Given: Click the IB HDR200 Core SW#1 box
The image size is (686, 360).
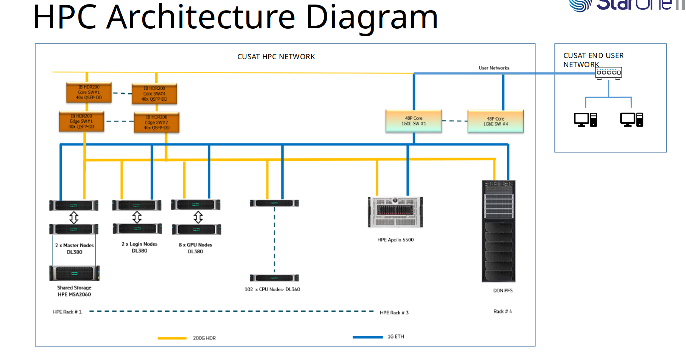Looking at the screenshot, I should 89,92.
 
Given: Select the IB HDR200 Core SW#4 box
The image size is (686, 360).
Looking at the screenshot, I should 154,94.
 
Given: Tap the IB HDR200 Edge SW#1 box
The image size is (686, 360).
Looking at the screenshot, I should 82,122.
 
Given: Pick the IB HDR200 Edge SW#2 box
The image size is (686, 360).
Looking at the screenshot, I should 157,122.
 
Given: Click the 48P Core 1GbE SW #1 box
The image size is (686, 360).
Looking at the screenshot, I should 414,121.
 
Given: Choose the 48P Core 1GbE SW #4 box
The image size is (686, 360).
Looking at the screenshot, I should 495,121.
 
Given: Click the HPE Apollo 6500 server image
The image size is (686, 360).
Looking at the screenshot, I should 395,212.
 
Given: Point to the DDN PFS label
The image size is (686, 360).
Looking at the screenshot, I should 503,291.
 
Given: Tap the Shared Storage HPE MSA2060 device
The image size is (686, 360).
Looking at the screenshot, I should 74,273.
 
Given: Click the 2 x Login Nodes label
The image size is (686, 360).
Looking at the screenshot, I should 139,244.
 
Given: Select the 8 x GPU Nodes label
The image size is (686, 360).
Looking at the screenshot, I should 195,245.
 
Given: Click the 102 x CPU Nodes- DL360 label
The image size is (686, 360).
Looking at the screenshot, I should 272,289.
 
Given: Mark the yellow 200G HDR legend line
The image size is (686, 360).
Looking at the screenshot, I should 172,338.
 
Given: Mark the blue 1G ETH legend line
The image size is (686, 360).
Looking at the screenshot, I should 368,337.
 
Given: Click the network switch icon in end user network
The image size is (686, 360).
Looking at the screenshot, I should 608,73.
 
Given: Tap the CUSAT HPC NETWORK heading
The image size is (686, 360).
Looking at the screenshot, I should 276,57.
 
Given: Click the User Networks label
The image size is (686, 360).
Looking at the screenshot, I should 494,68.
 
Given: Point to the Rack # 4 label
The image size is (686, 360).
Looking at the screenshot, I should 503,311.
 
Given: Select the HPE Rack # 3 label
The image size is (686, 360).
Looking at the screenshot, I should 394,312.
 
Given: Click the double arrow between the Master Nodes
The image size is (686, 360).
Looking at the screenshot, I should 74,217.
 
